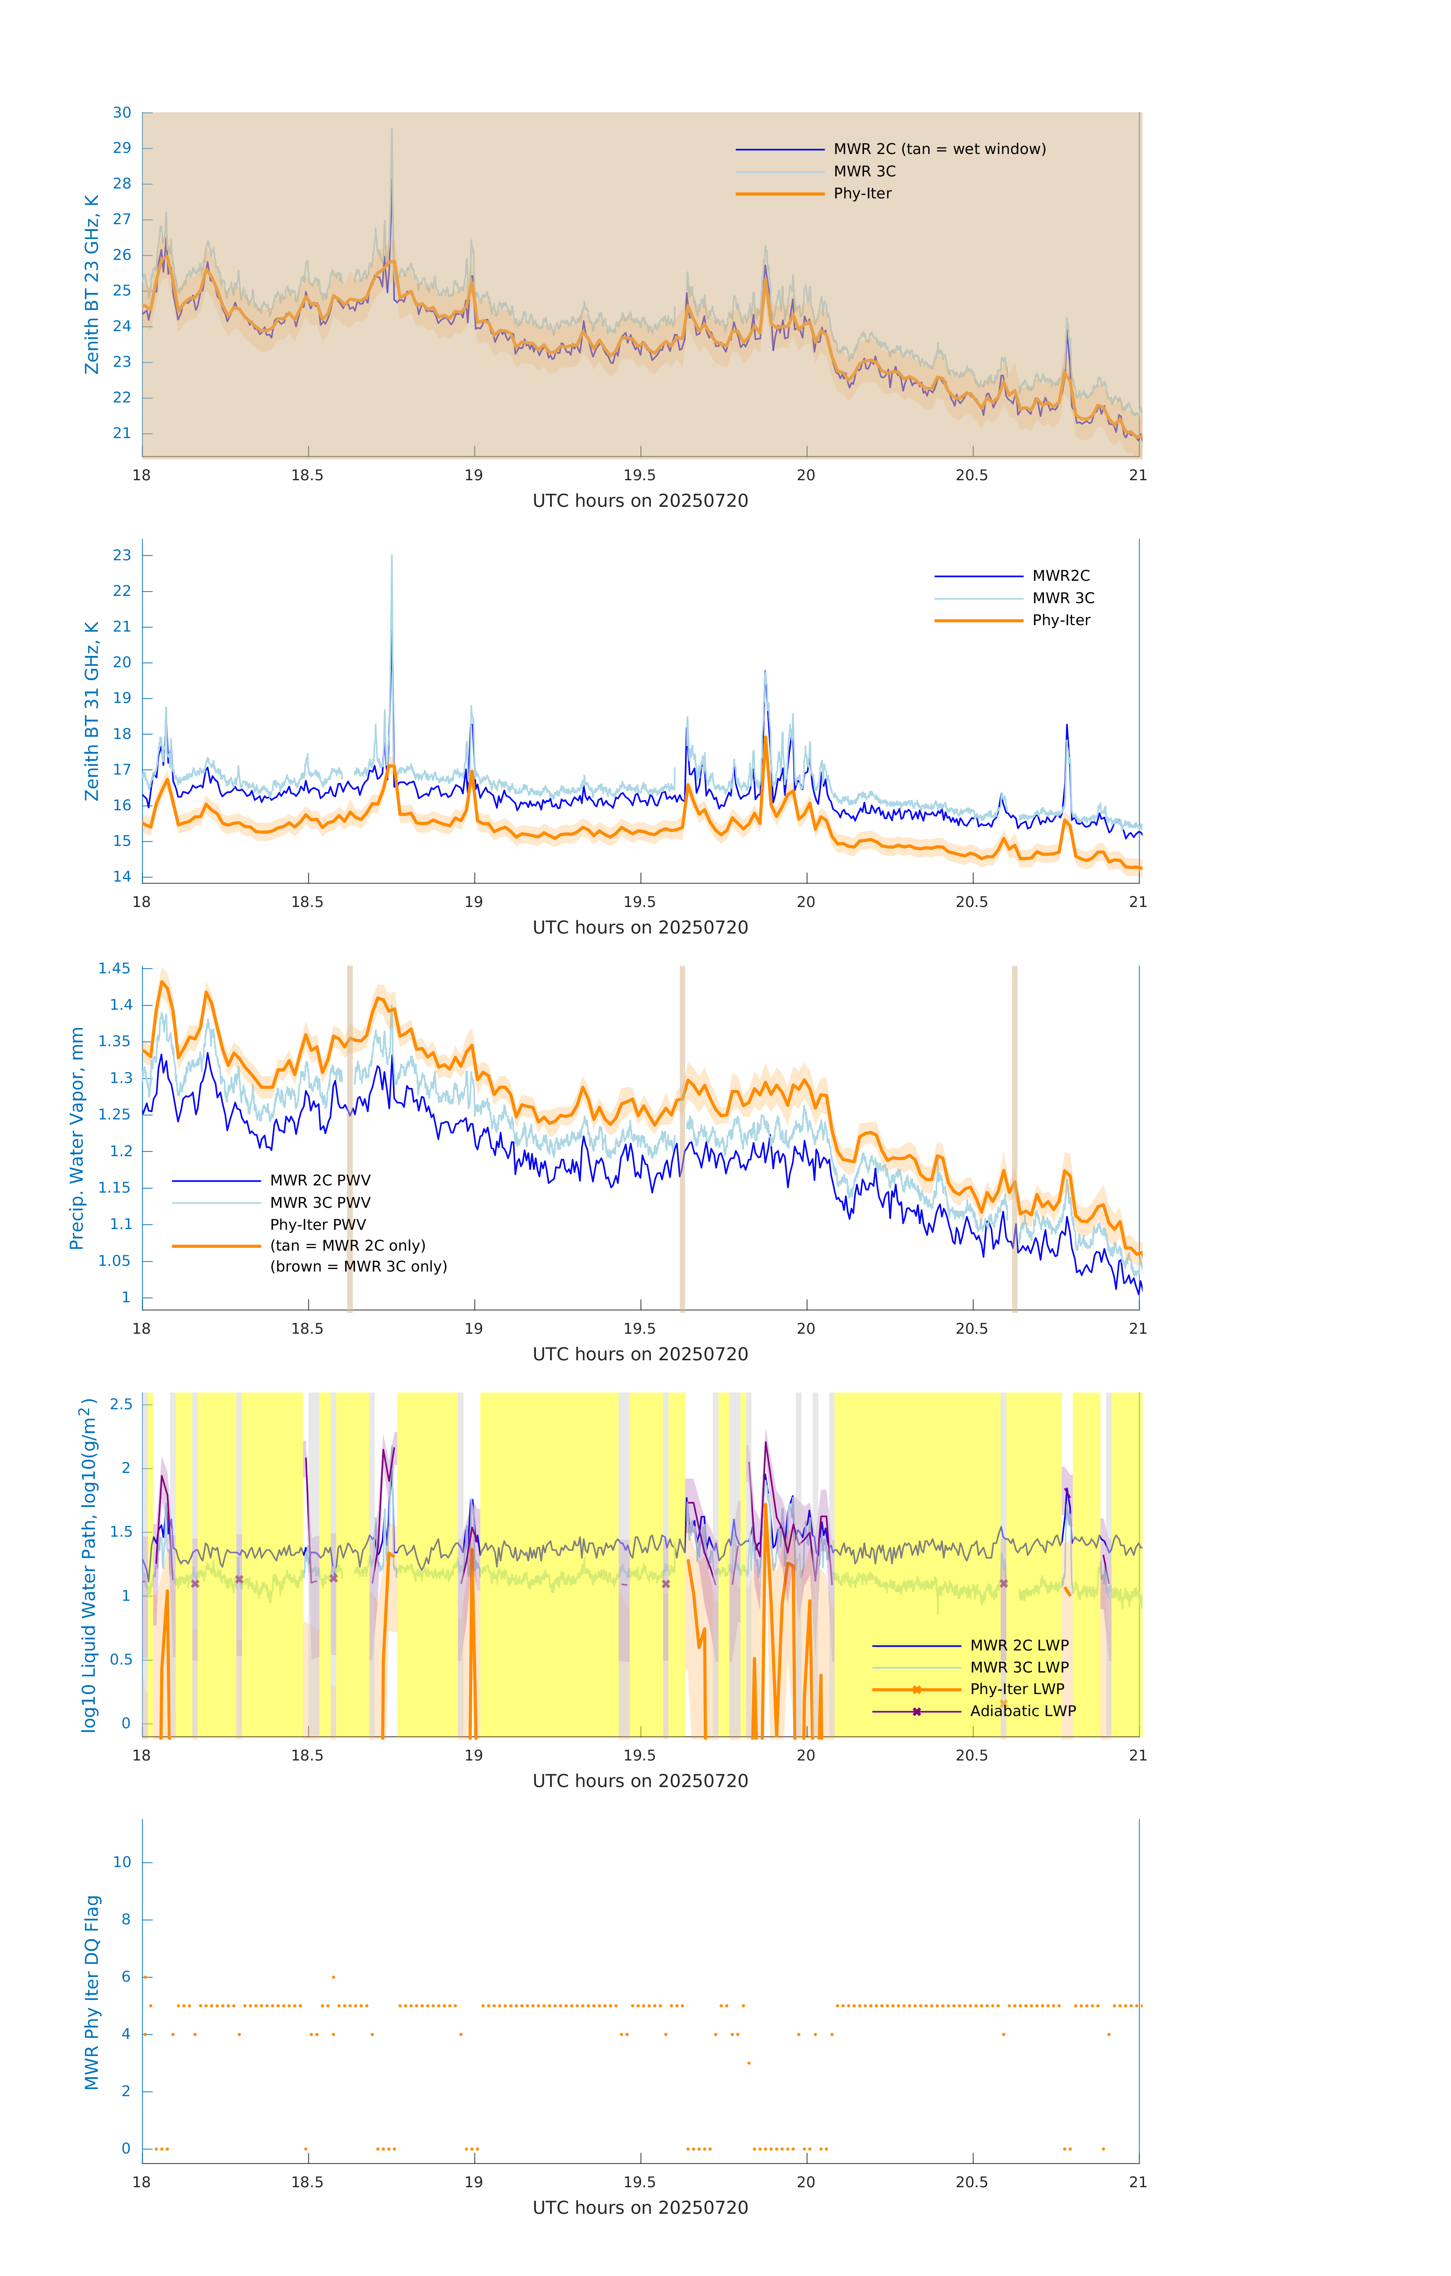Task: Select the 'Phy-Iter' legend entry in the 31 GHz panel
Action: click(x=1061, y=620)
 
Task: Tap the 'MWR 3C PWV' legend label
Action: click(x=319, y=1202)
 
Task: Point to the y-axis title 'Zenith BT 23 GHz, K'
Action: click(x=92, y=284)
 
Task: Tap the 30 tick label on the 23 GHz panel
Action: click(x=122, y=113)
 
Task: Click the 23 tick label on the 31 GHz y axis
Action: click(x=122, y=555)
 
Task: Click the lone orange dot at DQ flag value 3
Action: click(x=749, y=2063)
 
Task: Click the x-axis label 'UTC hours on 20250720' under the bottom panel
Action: click(x=640, y=2208)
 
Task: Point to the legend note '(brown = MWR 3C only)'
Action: click(x=358, y=1267)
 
